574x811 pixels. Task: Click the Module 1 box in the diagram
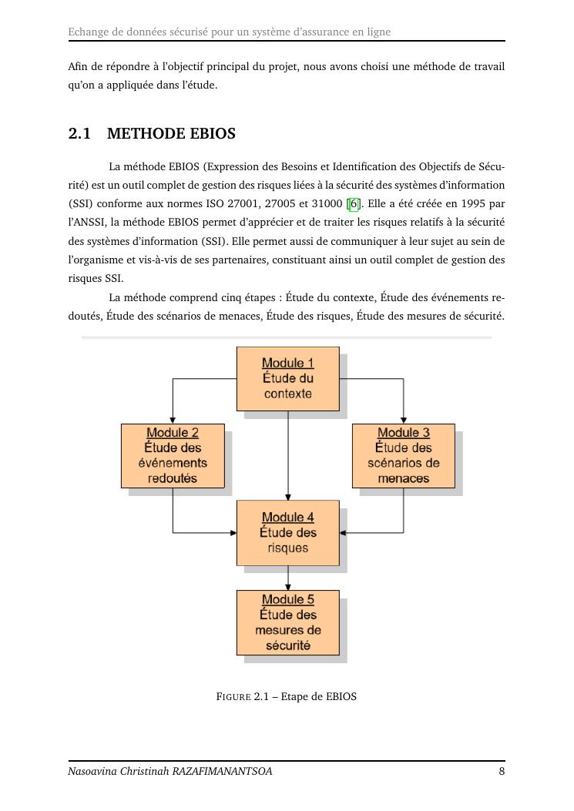pyautogui.click(x=287, y=378)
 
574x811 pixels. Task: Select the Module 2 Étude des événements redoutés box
pyautogui.click(x=173, y=455)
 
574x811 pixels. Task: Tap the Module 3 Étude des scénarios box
pyautogui.click(x=403, y=455)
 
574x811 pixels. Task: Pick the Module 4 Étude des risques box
pyautogui.click(x=287, y=532)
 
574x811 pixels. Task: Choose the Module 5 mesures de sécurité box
pyautogui.click(x=287, y=622)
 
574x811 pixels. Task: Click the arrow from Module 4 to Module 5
pyautogui.click(x=288, y=578)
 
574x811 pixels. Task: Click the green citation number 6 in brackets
pyautogui.click(x=354, y=204)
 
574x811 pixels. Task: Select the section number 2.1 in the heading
pyautogui.click(x=79, y=134)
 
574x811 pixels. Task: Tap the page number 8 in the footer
pyautogui.click(x=502, y=771)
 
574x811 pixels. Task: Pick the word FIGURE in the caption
pyautogui.click(x=233, y=697)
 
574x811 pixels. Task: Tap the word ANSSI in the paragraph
pyautogui.click(x=89, y=223)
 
